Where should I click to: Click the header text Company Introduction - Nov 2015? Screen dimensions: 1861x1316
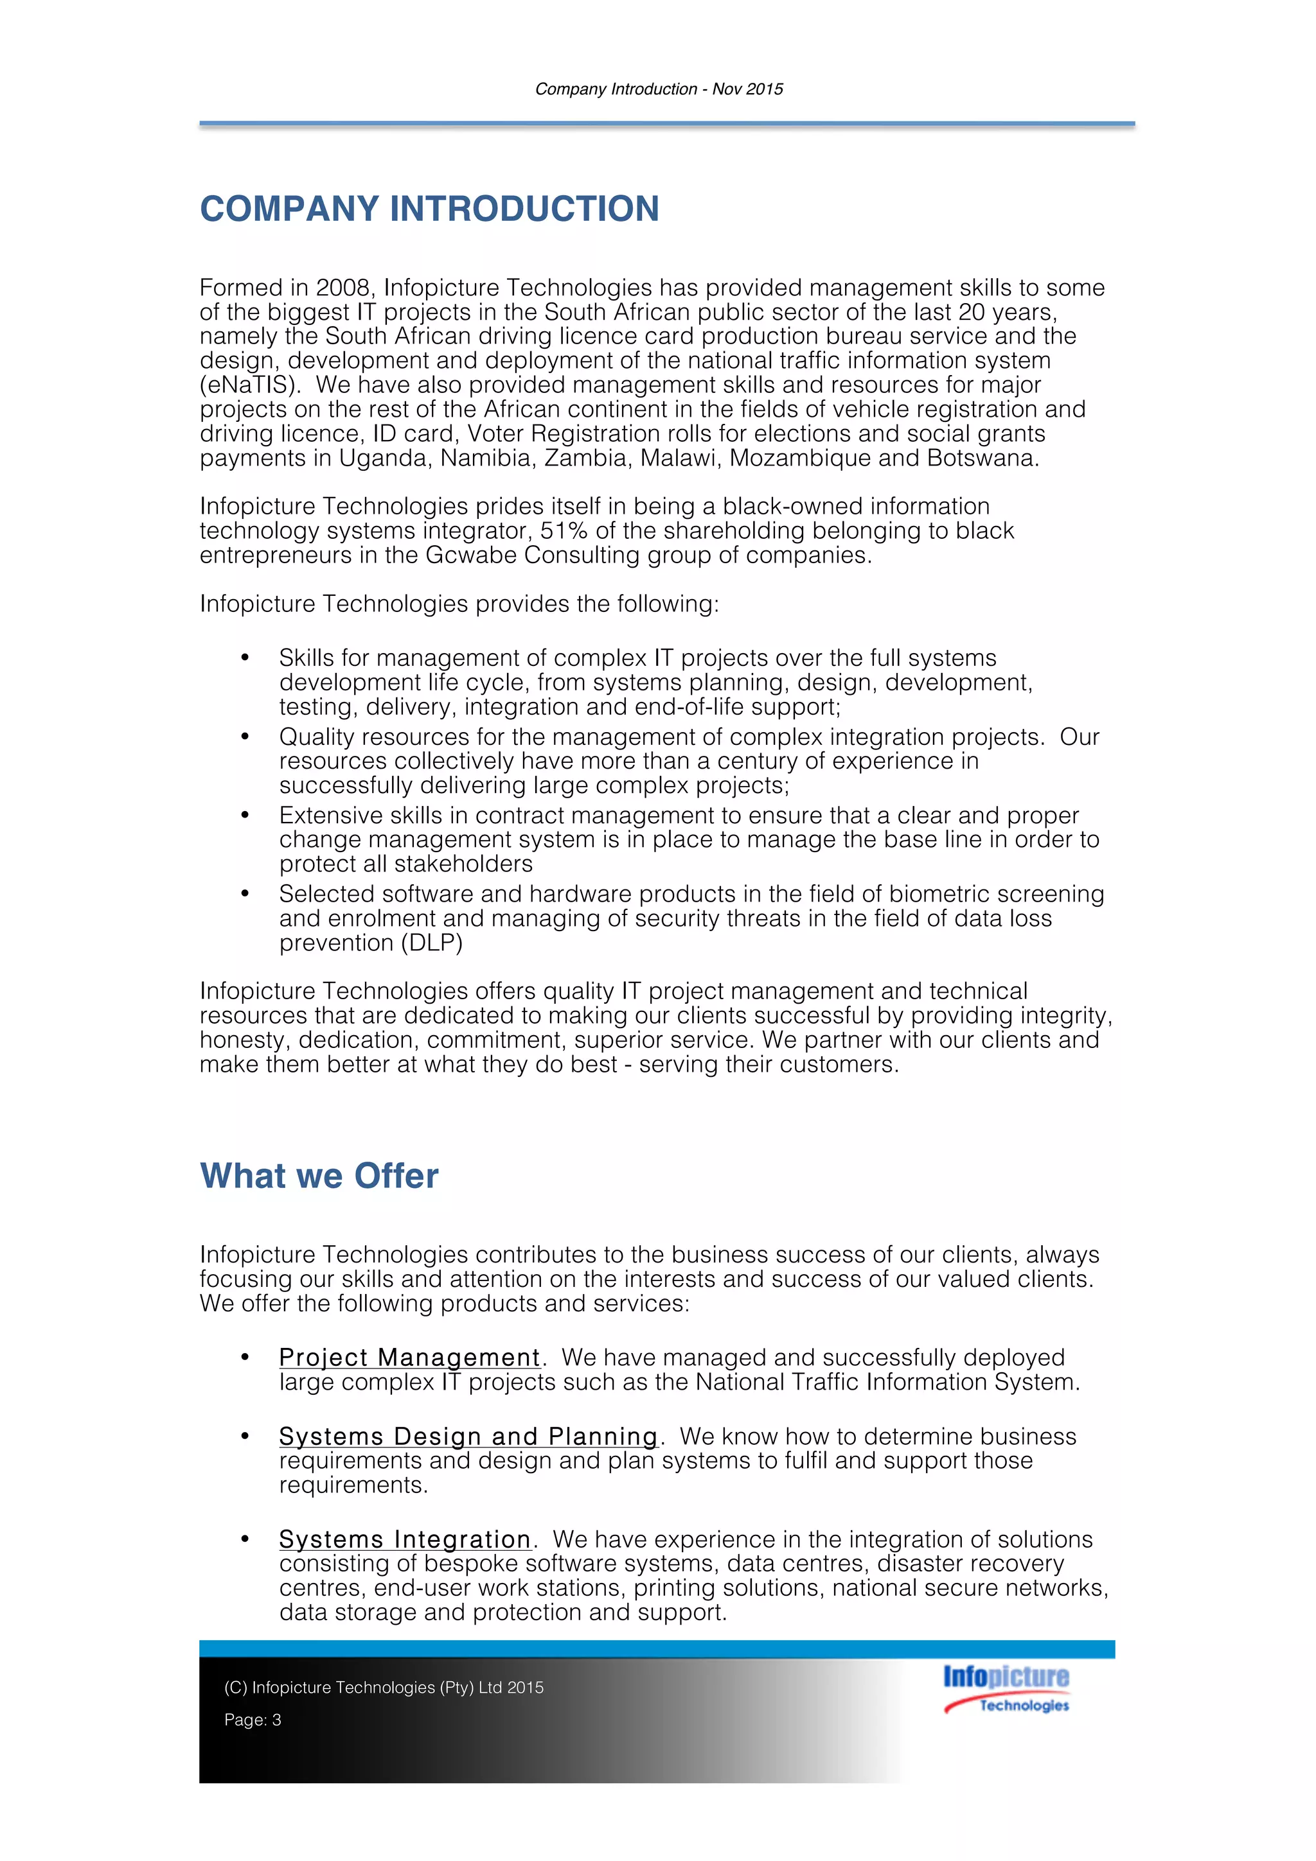click(x=659, y=89)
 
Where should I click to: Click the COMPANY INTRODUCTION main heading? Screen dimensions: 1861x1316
click(x=429, y=209)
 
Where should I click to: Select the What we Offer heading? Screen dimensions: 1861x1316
click(x=319, y=1175)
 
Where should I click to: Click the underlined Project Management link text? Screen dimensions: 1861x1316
click(x=409, y=1358)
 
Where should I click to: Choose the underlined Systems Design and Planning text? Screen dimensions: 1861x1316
click(x=468, y=1437)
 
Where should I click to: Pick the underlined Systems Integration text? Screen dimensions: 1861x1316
click(x=405, y=1539)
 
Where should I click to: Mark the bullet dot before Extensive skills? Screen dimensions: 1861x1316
click(x=245, y=815)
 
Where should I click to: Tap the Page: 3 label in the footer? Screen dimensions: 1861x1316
click(x=253, y=1720)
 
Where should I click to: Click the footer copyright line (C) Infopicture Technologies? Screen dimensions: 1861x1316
click(x=384, y=1688)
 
